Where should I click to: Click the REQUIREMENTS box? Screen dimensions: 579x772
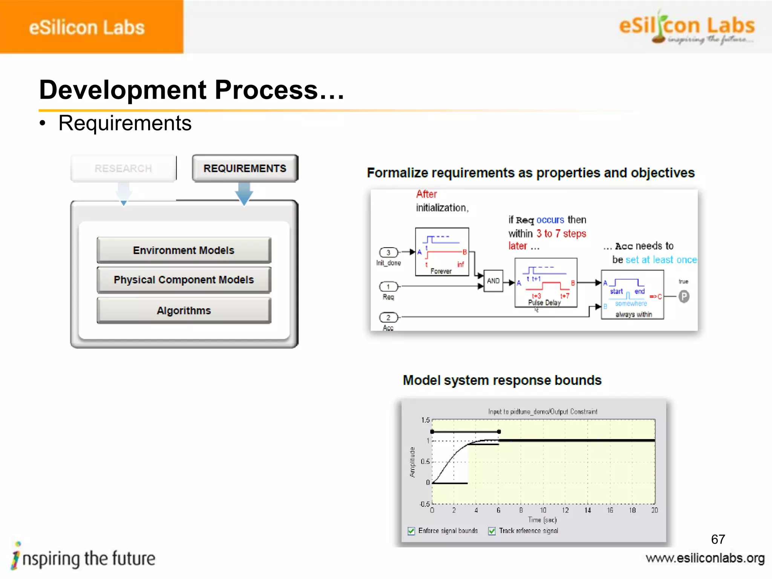245,168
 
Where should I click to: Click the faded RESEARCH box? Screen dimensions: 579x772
123,168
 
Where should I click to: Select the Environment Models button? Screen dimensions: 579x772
184,250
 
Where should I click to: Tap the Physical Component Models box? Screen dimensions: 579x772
184,280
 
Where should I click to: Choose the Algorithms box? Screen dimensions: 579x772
184,311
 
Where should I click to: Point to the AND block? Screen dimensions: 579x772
493,281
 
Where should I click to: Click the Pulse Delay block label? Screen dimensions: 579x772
544,303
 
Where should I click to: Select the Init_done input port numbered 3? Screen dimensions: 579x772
388,252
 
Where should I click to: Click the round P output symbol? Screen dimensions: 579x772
684,297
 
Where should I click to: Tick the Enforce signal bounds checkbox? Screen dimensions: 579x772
411,531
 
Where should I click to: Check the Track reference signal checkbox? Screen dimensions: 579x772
492,531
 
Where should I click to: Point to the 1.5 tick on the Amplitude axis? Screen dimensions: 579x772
425,420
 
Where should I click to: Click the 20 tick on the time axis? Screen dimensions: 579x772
654,510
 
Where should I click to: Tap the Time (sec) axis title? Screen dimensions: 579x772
542,520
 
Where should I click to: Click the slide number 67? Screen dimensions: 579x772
718,539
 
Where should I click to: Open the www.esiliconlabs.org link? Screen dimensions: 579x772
705,558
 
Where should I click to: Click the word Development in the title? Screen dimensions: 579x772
123,90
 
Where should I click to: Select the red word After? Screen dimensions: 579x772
426,194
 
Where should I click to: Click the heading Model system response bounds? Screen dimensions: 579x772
502,380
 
